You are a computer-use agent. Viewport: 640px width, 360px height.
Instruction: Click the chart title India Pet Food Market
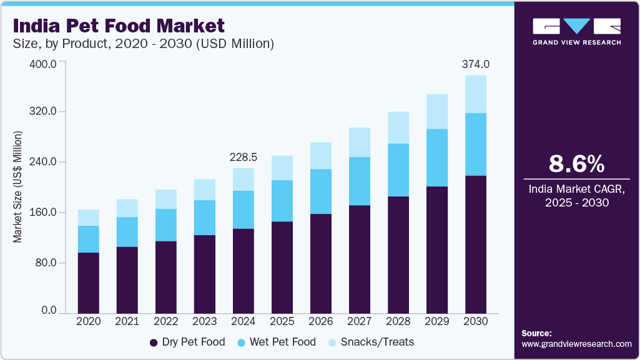119,26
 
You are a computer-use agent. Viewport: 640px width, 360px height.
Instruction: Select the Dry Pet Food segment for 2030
476,244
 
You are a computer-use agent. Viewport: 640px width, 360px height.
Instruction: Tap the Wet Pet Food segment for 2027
360,181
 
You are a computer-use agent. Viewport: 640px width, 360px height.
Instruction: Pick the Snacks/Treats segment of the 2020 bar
89,218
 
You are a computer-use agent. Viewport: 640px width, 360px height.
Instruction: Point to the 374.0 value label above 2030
475,64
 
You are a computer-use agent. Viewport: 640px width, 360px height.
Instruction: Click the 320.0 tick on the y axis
44,112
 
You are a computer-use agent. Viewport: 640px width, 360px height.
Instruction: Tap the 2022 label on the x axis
166,321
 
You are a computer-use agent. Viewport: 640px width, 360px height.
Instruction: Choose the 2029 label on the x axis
437,321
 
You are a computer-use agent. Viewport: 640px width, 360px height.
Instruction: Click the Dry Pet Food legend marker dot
154,343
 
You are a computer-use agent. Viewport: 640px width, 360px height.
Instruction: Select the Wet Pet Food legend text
282,342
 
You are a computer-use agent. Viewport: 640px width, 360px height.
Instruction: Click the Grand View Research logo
576,32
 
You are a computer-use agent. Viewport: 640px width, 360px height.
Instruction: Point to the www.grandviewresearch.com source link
576,344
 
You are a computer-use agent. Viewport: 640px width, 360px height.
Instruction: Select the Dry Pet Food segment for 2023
205,274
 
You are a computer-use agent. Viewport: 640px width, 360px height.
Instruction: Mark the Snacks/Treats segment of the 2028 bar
398,127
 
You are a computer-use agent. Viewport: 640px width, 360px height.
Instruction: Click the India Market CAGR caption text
576,196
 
